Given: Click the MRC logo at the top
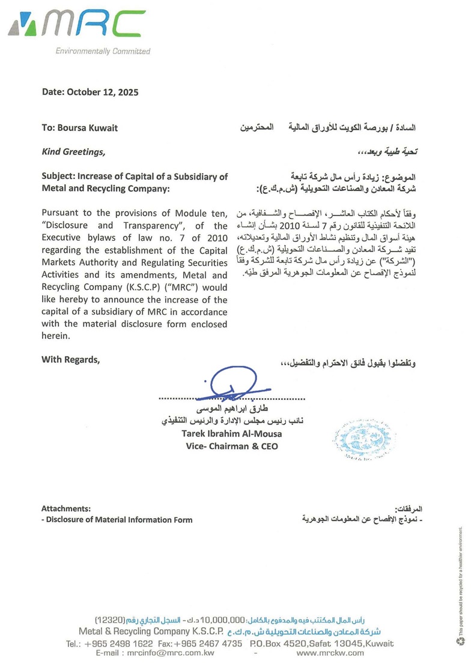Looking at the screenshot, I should [77, 25].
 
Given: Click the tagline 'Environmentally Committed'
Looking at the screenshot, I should [103, 51].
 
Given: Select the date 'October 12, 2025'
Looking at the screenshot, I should [103, 92].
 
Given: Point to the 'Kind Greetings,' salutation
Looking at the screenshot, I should [73, 152].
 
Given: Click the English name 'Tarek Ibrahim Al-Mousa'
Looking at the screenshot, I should [231, 433].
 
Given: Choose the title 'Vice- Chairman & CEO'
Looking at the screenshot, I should [231, 446].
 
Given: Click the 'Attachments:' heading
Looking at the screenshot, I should [66, 508].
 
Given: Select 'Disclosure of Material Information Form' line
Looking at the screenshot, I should [119, 519].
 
